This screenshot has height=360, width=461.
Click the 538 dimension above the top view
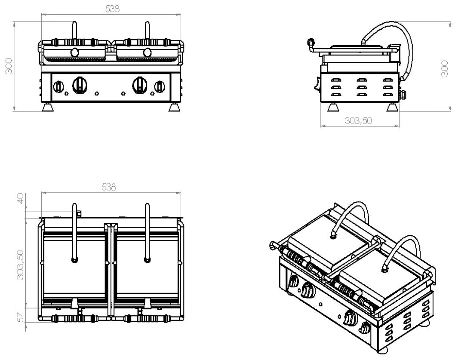click(109, 187)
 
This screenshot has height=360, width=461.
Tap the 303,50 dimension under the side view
click(358, 121)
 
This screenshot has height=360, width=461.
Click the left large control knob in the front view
click(79, 85)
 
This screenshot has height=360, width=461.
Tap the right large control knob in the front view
click(140, 85)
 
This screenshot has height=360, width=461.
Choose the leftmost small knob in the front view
click(58, 86)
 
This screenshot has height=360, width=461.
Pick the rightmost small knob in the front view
click(160, 86)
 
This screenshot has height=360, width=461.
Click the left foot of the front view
click(48, 107)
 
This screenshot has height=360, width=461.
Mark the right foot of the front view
click(175, 107)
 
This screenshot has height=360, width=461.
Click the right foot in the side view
click(392, 107)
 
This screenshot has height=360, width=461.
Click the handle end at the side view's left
click(310, 42)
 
